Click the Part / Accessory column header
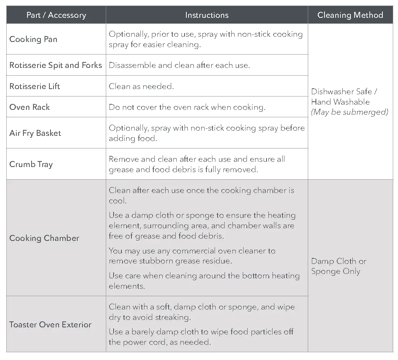(56, 15)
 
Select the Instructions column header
(206, 15)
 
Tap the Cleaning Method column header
(350, 15)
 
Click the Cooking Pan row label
(33, 39)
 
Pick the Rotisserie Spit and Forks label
(56, 65)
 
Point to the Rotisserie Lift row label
(35, 86)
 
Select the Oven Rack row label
(30, 107)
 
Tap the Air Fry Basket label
(35, 133)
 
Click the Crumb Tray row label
(31, 164)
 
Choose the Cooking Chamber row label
(44, 238)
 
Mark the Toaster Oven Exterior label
(50, 325)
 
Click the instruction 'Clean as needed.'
(141, 86)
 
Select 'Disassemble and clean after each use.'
(179, 65)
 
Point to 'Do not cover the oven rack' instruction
(187, 107)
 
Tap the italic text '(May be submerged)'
(349, 112)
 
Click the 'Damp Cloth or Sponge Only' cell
(338, 266)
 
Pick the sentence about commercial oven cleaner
(192, 256)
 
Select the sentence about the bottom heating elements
(204, 281)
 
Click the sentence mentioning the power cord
(201, 337)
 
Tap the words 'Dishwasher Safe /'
(344, 92)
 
